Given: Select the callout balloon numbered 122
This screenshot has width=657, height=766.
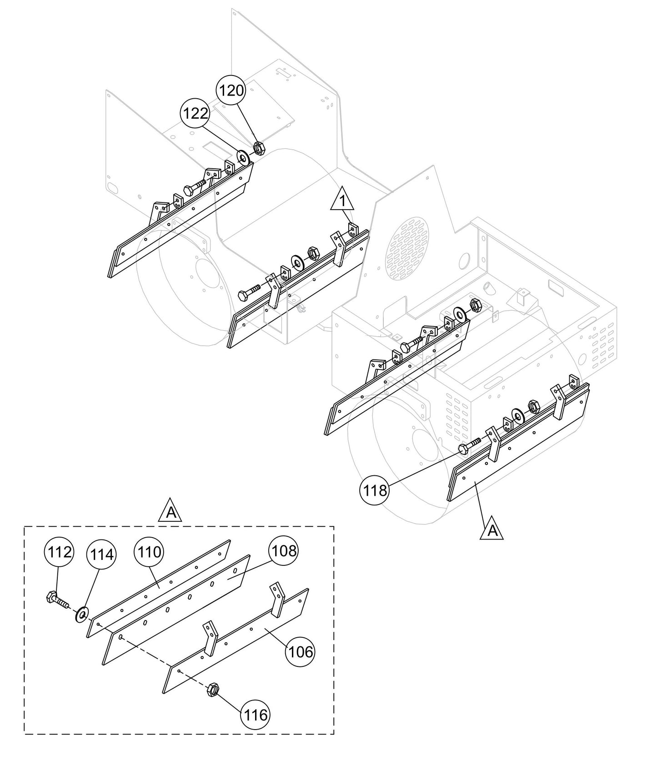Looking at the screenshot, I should pos(196,113).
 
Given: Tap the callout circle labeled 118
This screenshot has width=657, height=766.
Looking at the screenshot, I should pos(375,490).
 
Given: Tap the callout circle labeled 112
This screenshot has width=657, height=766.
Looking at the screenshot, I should pos(59,552).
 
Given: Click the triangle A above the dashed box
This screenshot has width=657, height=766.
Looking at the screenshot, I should pos(171,512).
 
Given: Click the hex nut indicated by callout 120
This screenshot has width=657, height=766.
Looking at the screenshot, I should pos(258,147).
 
